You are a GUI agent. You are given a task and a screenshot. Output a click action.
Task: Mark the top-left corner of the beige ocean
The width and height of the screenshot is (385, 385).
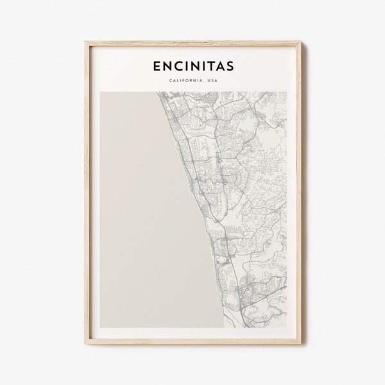pos(101,93)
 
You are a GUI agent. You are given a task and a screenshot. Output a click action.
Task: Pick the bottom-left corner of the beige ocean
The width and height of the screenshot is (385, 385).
pos(101,327)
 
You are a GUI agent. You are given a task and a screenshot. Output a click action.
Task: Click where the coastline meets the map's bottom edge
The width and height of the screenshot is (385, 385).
pos(224,327)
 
